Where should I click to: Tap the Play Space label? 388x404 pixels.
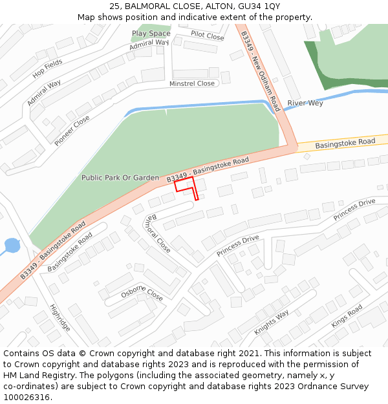[151, 34]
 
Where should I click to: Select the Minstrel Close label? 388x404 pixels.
[192, 83]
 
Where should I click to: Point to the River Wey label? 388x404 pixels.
[305, 103]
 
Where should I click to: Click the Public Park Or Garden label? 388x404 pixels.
[120, 177]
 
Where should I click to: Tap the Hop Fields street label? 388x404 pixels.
[47, 69]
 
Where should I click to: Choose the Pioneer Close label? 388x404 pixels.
[72, 131]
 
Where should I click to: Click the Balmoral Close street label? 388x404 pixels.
[158, 234]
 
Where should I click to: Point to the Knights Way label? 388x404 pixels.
[272, 323]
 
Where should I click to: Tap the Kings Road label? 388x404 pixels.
[347, 316]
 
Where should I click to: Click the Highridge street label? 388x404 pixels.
[60, 317]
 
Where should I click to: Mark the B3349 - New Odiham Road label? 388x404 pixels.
[259, 71]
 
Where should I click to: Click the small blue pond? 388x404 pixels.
[12, 246]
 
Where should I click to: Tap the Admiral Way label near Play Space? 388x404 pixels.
[148, 45]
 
